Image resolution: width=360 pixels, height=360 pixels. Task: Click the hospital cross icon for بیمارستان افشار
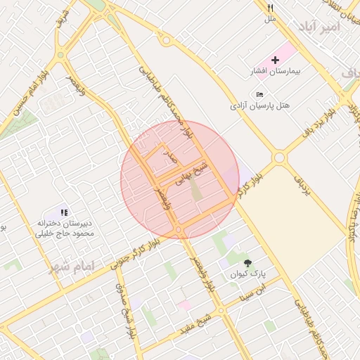275,60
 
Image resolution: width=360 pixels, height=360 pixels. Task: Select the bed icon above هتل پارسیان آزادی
260,95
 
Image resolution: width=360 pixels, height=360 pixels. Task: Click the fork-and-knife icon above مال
271,8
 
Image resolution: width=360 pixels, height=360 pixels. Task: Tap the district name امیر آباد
319,27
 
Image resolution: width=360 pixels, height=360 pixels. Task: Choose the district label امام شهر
71,266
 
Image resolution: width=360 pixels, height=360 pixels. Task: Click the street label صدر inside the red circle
168,157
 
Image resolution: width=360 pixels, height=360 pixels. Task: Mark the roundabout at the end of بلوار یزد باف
280,157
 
